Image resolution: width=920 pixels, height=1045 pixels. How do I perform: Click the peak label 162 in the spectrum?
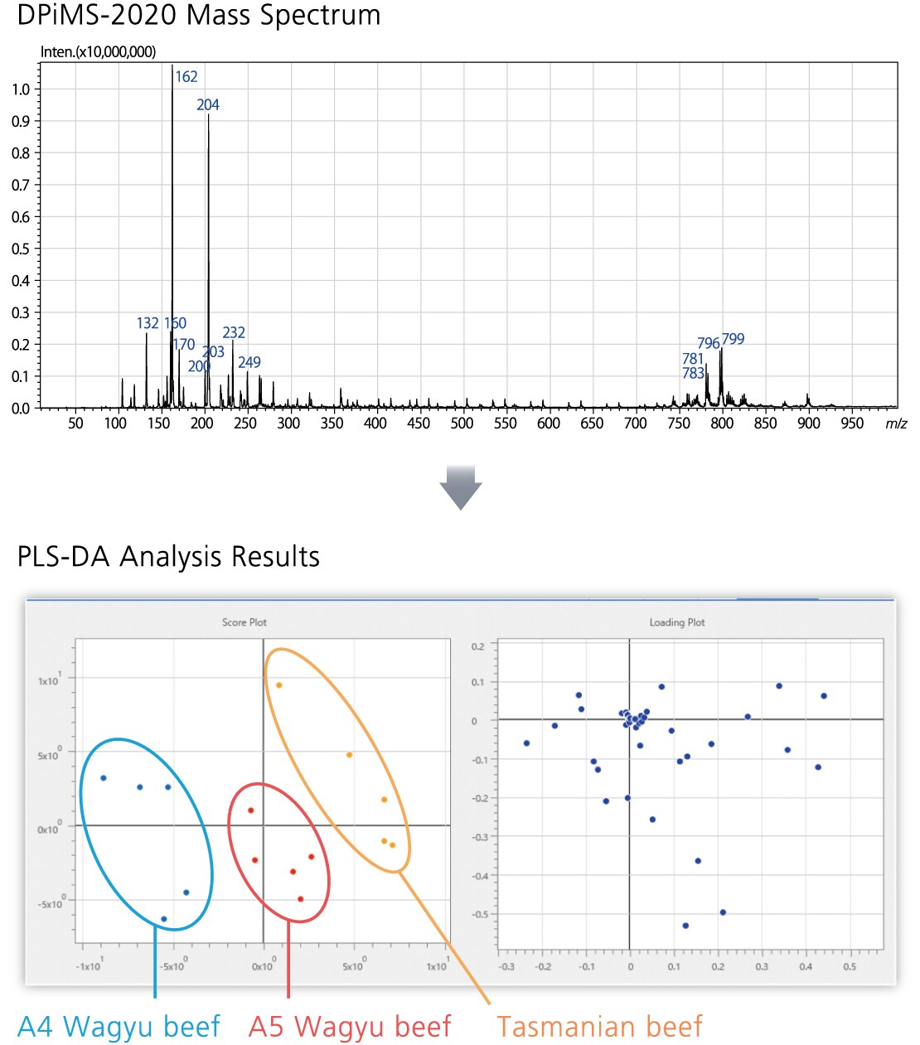[x=186, y=77]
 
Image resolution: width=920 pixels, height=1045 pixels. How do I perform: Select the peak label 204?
[x=208, y=105]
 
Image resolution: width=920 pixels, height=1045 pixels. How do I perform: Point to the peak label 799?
[x=733, y=339]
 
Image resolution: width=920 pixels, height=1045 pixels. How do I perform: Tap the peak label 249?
[x=249, y=362]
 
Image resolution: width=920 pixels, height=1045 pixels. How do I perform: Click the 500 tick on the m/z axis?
[x=462, y=423]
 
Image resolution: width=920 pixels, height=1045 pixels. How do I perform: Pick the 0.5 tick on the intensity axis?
[x=21, y=249]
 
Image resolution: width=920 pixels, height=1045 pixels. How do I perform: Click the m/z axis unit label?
[x=896, y=423]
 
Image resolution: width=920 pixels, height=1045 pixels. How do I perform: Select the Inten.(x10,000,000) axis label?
[x=98, y=51]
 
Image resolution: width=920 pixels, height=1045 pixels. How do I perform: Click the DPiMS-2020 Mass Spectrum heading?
[x=199, y=16]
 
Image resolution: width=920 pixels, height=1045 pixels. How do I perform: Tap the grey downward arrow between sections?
[x=461, y=487]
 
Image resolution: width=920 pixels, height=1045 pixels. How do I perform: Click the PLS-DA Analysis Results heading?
[x=168, y=556]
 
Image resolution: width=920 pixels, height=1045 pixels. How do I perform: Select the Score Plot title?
[x=245, y=622]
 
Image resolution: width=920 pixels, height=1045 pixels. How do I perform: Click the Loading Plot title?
[x=677, y=622]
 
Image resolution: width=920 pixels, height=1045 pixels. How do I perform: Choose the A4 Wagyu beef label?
[x=119, y=1026]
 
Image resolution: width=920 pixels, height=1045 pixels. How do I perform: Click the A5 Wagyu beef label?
[x=350, y=1026]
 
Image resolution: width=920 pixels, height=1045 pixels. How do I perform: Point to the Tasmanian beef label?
[x=599, y=1026]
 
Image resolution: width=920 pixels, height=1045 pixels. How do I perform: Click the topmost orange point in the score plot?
[x=279, y=685]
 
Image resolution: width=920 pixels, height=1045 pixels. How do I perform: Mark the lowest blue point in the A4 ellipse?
[x=164, y=919]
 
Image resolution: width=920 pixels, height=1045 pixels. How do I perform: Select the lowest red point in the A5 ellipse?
[x=300, y=899]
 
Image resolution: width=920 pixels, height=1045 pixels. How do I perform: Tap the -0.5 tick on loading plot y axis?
[x=479, y=915]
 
